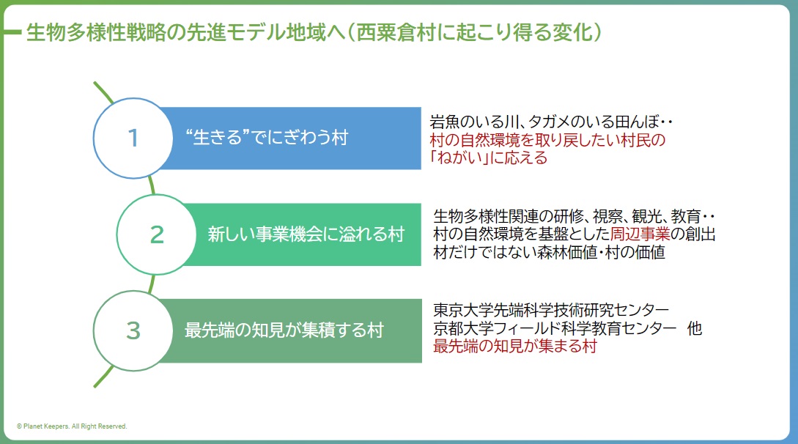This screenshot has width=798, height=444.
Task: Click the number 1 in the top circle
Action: (133, 138)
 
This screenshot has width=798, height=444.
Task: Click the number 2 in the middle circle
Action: (157, 234)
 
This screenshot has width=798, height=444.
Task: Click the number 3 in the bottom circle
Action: (133, 331)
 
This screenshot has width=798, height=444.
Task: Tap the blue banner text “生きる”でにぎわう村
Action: (267, 138)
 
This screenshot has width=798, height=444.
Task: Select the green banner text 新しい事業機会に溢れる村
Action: (306, 234)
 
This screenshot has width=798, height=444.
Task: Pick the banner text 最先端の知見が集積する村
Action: (284, 331)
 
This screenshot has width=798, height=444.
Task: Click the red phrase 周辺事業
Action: (640, 234)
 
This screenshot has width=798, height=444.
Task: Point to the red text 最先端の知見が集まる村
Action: (514, 347)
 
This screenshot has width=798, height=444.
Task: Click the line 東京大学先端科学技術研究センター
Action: (551, 309)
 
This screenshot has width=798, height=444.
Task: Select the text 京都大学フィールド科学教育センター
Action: (554, 328)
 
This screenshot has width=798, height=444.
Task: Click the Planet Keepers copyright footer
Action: (72, 426)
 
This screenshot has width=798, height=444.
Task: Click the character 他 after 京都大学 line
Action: (694, 328)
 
